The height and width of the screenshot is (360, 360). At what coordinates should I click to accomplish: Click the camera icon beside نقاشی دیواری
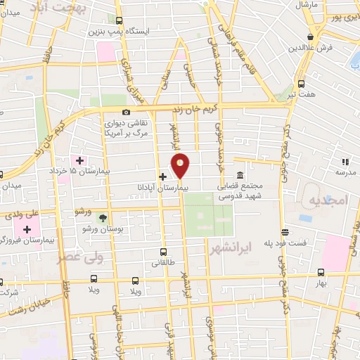click(x=126, y=112)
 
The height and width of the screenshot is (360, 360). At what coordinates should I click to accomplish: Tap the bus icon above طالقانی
click(x=164, y=252)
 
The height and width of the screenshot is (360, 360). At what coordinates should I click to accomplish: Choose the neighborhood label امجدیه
click(x=327, y=201)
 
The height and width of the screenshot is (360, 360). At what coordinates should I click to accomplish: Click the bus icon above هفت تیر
click(x=302, y=82)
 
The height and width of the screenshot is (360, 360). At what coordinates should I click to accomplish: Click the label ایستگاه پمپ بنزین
click(x=111, y=32)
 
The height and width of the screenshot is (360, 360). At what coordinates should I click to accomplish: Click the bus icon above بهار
click(x=321, y=272)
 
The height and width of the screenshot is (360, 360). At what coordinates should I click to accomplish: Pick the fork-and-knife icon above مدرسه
click(x=345, y=162)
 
